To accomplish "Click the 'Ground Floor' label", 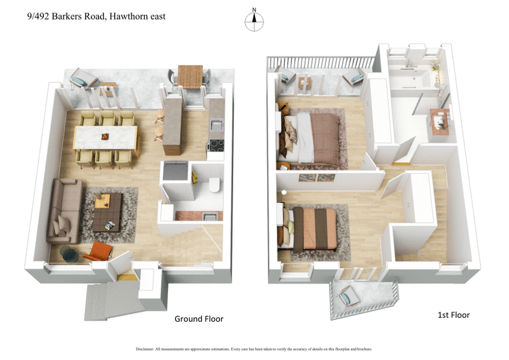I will point(199,319).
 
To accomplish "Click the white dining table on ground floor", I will point(106,136).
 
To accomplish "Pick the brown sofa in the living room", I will point(65,210).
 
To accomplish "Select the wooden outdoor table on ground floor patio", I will point(190,76).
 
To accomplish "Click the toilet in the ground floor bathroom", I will point(214,185).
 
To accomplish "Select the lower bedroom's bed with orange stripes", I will point(314,228).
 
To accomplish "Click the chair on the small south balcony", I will point(349,296).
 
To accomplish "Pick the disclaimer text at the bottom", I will point(254,349).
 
